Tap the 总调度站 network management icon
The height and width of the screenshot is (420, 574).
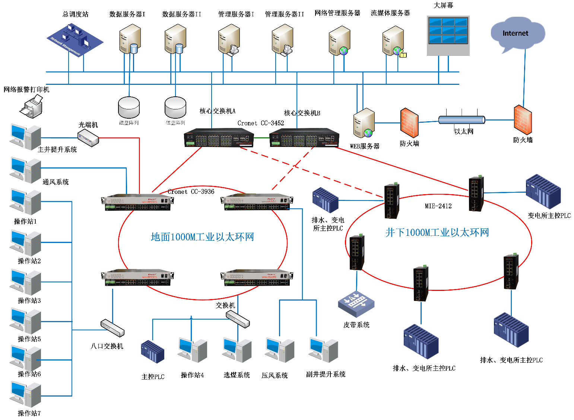tap(74, 40)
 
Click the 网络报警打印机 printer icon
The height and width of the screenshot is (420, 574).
tap(32, 107)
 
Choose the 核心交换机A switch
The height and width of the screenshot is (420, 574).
tap(219, 138)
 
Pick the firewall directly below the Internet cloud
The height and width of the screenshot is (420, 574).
tap(523, 120)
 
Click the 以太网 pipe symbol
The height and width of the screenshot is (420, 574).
tap(462, 120)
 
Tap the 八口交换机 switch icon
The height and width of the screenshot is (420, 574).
tap(112, 328)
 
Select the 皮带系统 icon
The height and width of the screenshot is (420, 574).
tap(356, 304)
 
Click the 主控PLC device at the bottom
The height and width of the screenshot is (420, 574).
tap(152, 352)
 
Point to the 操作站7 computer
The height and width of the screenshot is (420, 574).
tap(26, 395)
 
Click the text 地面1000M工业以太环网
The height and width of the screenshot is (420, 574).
tap(202, 237)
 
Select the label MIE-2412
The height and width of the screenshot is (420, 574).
tap(438, 206)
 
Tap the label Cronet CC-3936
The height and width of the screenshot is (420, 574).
tap(191, 192)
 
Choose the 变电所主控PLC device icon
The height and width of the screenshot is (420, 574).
tap(543, 192)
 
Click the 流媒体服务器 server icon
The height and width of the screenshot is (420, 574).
tap(394, 42)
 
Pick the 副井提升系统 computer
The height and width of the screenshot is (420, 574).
tap(323, 350)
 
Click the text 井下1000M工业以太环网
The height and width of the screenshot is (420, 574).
tap(437, 233)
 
